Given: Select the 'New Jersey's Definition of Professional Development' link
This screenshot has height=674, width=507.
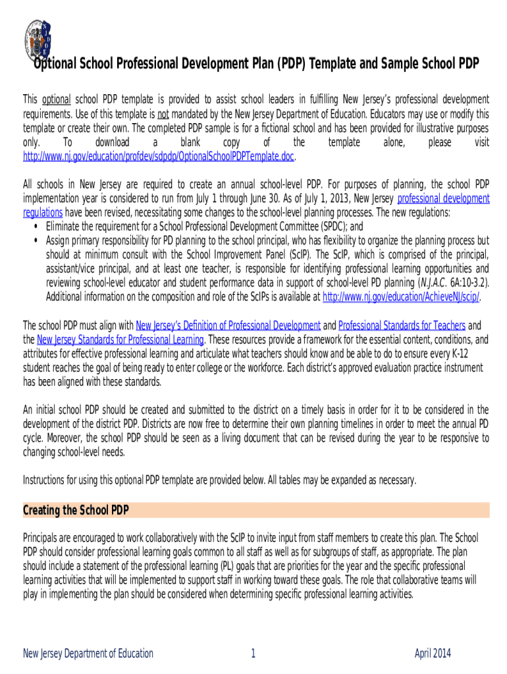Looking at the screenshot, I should [x=228, y=326].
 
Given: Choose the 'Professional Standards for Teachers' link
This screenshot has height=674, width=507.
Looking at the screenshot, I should [x=402, y=326].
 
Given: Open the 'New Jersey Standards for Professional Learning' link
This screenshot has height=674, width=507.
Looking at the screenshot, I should [x=120, y=340].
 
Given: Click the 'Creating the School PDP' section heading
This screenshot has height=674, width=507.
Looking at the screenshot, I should [x=76, y=510].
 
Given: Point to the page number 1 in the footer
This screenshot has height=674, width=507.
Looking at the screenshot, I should [x=253, y=654].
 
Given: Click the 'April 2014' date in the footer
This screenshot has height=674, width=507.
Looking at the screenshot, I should [x=433, y=654].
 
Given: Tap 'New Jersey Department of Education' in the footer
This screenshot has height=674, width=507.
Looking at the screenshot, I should [x=88, y=654].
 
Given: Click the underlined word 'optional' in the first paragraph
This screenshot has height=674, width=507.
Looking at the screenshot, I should [x=56, y=99].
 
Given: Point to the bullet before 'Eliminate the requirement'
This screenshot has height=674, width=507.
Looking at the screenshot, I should [x=34, y=226].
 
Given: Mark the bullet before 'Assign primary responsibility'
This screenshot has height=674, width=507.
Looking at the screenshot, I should [x=34, y=240].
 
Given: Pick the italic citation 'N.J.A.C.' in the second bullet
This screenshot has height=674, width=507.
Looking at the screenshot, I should [x=427, y=283].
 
